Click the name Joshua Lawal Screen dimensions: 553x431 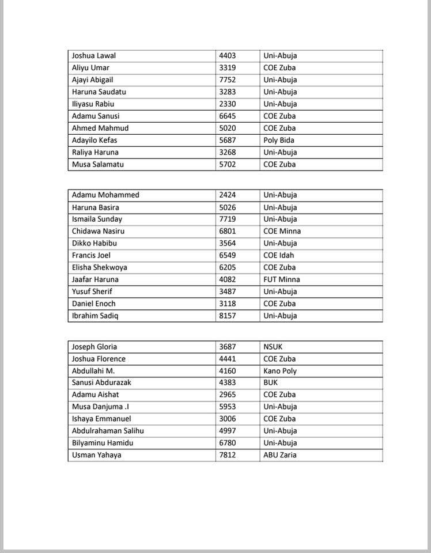pos(93,56)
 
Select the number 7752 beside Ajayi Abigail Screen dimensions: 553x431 pos(228,80)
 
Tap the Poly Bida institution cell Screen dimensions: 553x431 pos(279,141)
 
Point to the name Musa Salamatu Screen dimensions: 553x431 pos(97,165)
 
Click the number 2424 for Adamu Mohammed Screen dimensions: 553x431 pos(228,195)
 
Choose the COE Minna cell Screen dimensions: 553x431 pos(282,232)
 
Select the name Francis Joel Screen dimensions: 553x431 pos(91,256)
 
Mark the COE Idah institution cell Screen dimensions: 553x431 pos(279,256)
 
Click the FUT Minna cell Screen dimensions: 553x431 pos(282,280)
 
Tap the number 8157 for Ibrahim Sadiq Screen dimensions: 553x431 pos(228,316)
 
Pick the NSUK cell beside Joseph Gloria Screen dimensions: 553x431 pos(273,347)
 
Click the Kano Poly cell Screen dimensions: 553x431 pos(280,371)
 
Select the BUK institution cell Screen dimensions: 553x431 pos(271,383)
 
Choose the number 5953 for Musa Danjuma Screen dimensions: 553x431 pos(228,407)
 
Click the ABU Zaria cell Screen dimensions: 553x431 pos(280,456)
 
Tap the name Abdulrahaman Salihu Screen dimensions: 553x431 pos(108,431)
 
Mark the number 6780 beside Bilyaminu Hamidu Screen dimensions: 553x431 pos(228,444)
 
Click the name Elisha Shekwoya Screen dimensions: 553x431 pos(100,268)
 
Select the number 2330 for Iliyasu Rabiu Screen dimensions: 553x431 pos(228,104)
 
